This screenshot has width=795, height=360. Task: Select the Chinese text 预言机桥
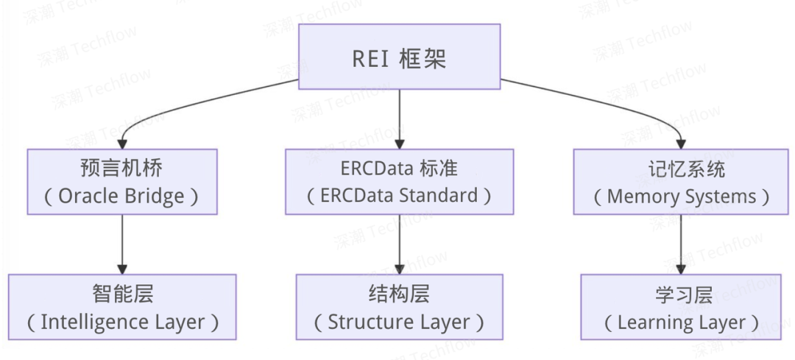(x=121, y=169)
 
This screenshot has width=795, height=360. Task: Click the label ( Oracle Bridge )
(x=121, y=196)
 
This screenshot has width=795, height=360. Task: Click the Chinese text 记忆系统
(x=681, y=169)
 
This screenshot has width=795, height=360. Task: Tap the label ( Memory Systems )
(x=681, y=197)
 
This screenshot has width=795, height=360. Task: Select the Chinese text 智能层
(x=122, y=294)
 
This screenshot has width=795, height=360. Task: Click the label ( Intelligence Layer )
(x=122, y=322)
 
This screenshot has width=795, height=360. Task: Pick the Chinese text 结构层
(x=399, y=294)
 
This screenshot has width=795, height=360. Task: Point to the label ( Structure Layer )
(x=399, y=322)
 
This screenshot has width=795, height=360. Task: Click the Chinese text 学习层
(x=682, y=294)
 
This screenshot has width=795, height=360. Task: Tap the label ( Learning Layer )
(x=682, y=322)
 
